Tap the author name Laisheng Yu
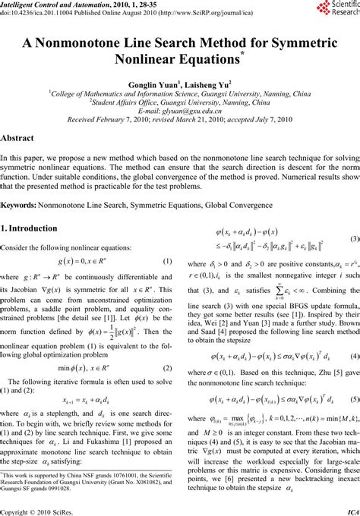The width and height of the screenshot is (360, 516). click(x=207, y=83)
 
